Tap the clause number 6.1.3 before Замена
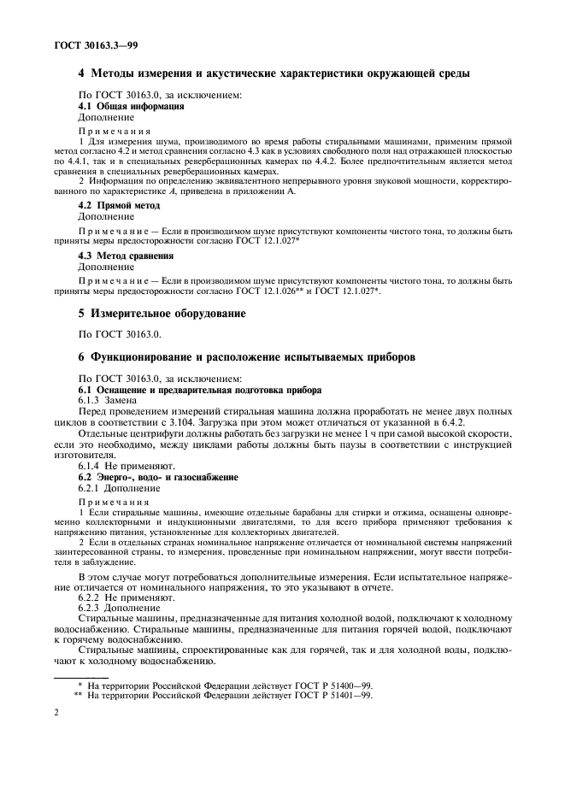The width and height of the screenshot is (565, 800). pyautogui.click(x=92, y=401)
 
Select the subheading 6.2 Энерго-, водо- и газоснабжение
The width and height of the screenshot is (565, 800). pyautogui.click(x=159, y=476)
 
